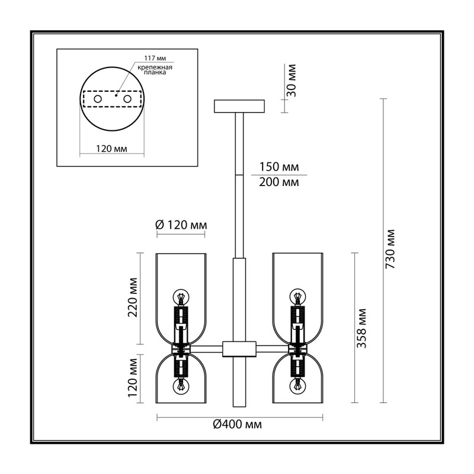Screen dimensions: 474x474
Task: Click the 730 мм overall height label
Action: [390, 249]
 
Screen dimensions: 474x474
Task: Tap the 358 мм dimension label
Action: [361, 328]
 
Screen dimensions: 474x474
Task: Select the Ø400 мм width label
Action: [238, 424]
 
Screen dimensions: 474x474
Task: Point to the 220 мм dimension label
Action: [133, 297]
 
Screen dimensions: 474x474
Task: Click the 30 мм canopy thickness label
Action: [292, 81]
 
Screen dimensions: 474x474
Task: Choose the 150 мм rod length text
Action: [279, 167]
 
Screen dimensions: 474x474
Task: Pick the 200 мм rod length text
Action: [279, 182]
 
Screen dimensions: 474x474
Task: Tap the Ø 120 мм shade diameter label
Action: [181, 225]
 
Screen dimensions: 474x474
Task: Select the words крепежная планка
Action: [155, 70]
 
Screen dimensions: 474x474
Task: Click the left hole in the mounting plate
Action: [98, 99]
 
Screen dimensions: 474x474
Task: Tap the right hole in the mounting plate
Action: [127, 99]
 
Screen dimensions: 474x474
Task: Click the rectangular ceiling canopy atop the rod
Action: [239, 106]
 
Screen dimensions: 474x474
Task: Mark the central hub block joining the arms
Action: [239, 349]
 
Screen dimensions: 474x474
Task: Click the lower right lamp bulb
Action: [298, 386]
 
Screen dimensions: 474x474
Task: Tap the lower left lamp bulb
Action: [181, 386]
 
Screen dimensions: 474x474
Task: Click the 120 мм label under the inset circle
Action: [111, 149]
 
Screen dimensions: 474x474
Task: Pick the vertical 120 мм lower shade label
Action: [133, 378]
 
